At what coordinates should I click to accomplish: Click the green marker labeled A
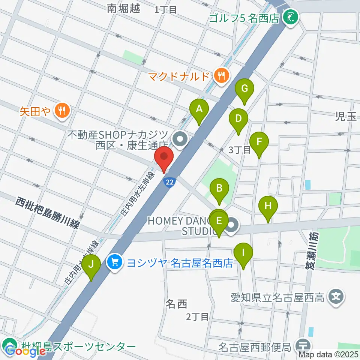(x=199, y=109)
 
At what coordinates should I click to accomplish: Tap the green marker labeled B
(x=219, y=187)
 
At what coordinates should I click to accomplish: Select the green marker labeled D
(x=238, y=119)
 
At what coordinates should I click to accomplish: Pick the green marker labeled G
(x=244, y=89)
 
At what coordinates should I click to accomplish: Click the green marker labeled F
(x=259, y=142)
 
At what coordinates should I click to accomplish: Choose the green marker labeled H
(x=268, y=206)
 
